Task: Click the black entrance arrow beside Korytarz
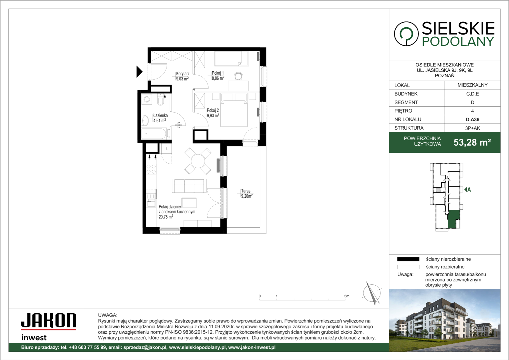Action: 139,72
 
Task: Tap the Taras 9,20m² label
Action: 247,194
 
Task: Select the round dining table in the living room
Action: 198,161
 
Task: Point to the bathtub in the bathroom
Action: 154,134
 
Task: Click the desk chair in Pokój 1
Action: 238,76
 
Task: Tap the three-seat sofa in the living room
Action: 189,186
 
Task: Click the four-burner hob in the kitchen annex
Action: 151,169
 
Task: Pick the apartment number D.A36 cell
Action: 472,119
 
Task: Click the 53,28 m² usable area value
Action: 472,142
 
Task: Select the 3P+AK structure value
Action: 472,128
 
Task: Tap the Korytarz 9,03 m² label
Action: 183,76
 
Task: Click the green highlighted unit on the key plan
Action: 453,219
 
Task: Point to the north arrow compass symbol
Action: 372,293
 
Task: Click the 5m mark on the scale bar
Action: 346,296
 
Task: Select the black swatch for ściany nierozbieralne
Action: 408,259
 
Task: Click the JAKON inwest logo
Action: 49,327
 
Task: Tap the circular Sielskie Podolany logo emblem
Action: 406,34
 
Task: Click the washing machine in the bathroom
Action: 147,99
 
